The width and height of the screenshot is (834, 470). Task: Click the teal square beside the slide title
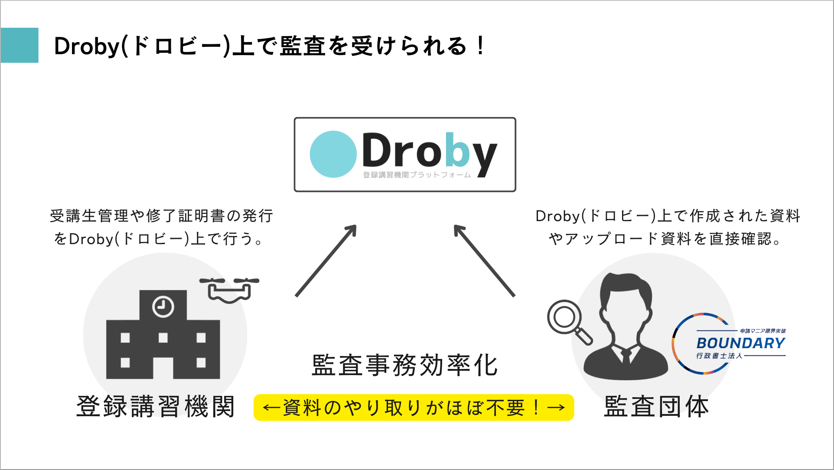click(20, 46)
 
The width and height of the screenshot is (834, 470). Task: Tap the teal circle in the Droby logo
click(333, 154)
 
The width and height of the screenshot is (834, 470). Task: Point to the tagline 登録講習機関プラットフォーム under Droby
click(417, 175)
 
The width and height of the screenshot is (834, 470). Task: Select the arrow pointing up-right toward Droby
click(326, 261)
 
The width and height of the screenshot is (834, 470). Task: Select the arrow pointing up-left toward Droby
click(484, 261)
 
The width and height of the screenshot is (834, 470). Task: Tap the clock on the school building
click(163, 307)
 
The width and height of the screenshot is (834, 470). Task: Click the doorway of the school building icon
click(163, 368)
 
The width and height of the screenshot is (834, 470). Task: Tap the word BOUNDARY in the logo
click(740, 343)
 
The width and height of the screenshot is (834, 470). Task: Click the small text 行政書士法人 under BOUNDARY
click(719, 356)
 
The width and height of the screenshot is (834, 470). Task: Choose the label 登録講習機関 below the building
click(156, 406)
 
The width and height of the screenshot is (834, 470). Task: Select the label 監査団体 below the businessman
click(656, 406)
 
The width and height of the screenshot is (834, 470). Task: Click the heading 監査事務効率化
click(405, 365)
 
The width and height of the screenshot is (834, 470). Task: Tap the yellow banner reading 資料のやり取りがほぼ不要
click(414, 408)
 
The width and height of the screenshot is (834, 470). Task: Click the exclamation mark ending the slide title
click(480, 46)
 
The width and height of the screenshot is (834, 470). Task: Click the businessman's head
click(625, 299)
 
